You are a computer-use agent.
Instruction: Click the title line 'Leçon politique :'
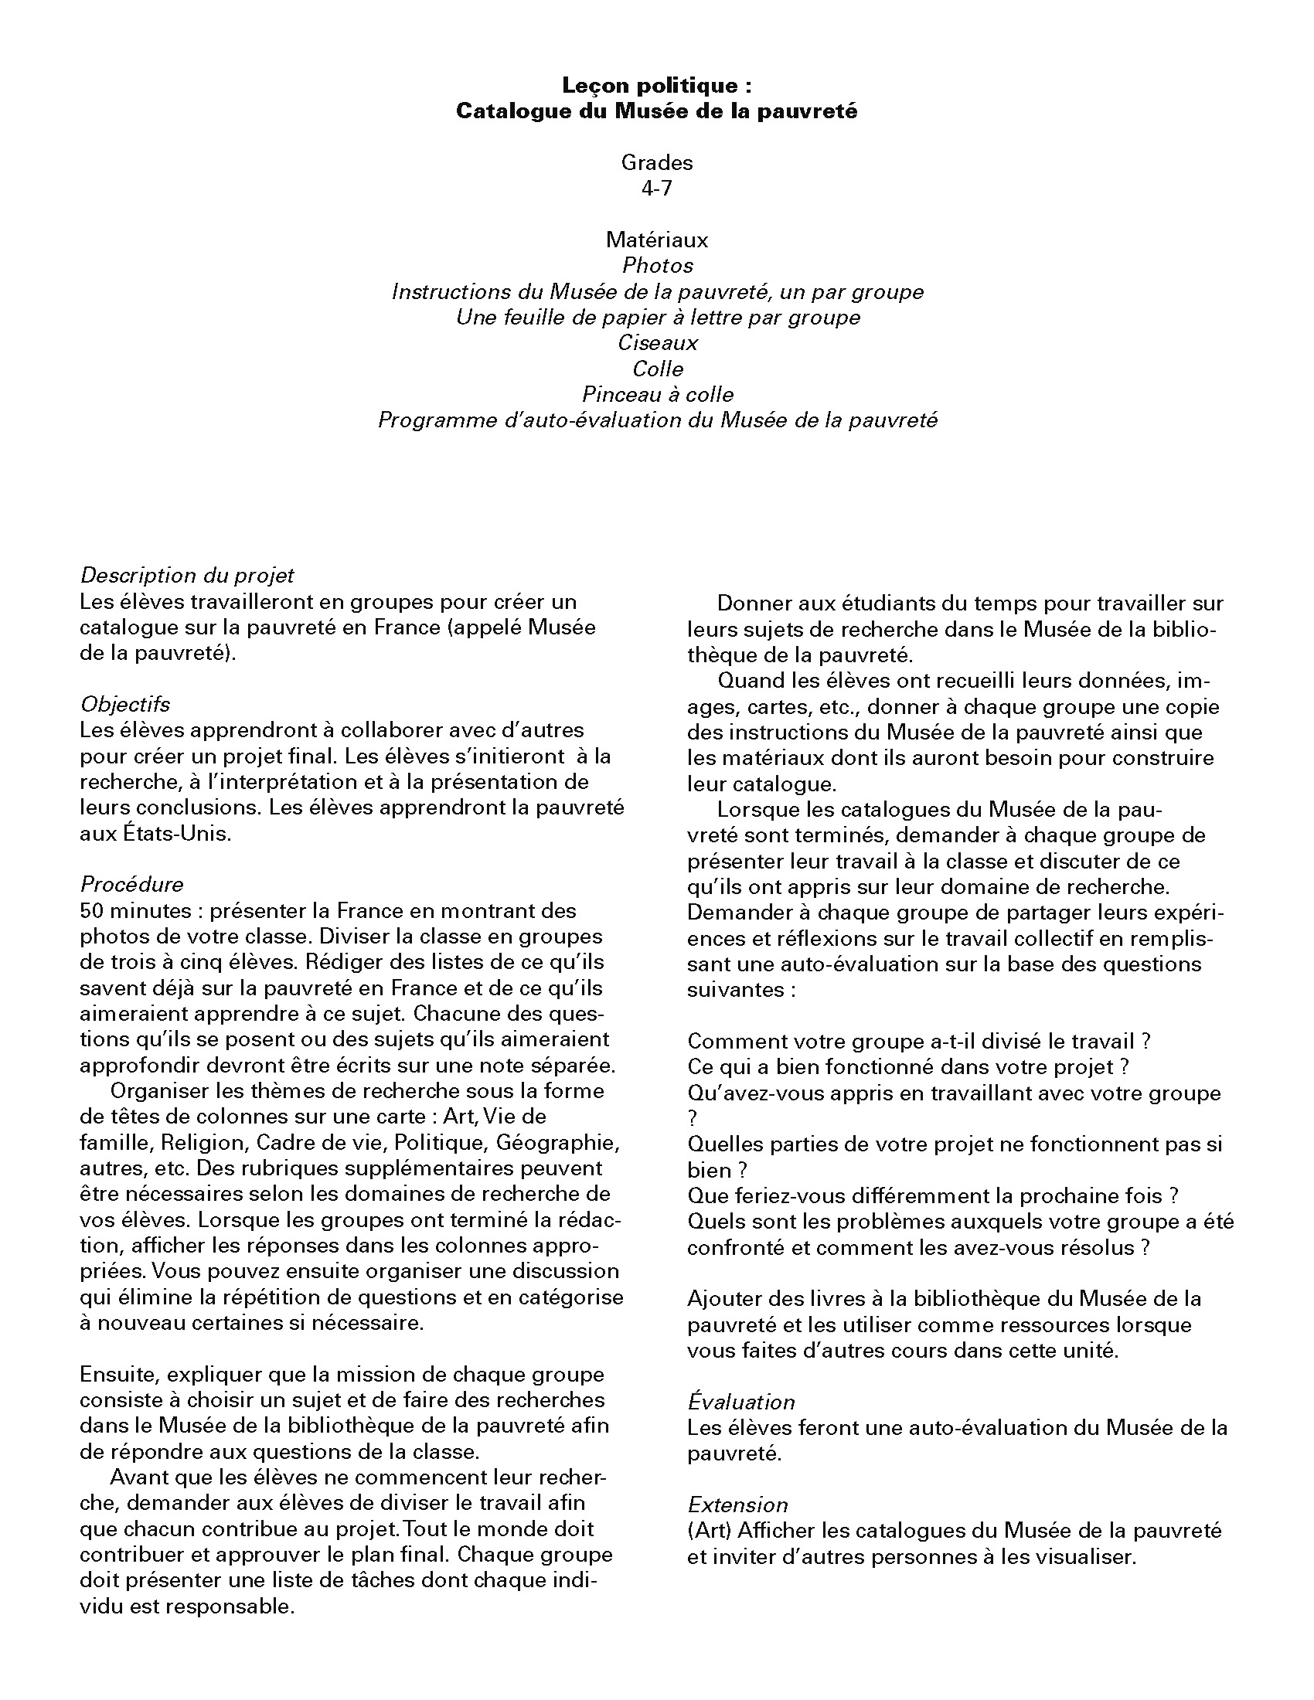click(x=657, y=86)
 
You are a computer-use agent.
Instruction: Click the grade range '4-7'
click(x=657, y=189)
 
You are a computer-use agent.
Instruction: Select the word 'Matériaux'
click(x=657, y=240)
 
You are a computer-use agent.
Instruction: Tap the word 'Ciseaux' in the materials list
click(x=658, y=342)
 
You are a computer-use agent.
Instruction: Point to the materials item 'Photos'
click(x=657, y=265)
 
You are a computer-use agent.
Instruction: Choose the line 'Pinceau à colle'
click(x=658, y=395)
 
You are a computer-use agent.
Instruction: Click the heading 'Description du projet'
click(x=187, y=575)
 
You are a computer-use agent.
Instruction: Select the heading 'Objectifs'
click(x=124, y=705)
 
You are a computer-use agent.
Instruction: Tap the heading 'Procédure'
click(x=131, y=884)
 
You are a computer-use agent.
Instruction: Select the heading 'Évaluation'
click(x=740, y=1402)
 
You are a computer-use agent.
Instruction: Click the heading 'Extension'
click(x=737, y=1504)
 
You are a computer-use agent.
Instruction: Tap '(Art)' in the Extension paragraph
click(x=709, y=1530)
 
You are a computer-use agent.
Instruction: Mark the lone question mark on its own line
click(x=693, y=1119)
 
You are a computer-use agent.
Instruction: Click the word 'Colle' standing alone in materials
click(x=658, y=369)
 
